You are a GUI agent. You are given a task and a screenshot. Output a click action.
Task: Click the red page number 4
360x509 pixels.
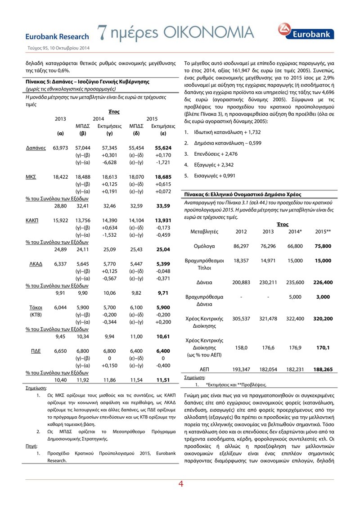180,484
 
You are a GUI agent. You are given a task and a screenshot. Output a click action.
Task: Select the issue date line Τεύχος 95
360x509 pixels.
56,48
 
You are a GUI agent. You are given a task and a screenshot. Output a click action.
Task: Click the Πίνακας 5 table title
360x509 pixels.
87,82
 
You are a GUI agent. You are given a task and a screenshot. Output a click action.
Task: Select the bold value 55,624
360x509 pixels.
163,148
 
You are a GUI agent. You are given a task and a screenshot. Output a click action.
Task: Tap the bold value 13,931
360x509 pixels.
163,221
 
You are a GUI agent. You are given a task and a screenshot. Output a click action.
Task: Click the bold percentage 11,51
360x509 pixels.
163,380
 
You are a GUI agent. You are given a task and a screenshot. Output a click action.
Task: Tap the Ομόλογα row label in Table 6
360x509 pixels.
204,246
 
